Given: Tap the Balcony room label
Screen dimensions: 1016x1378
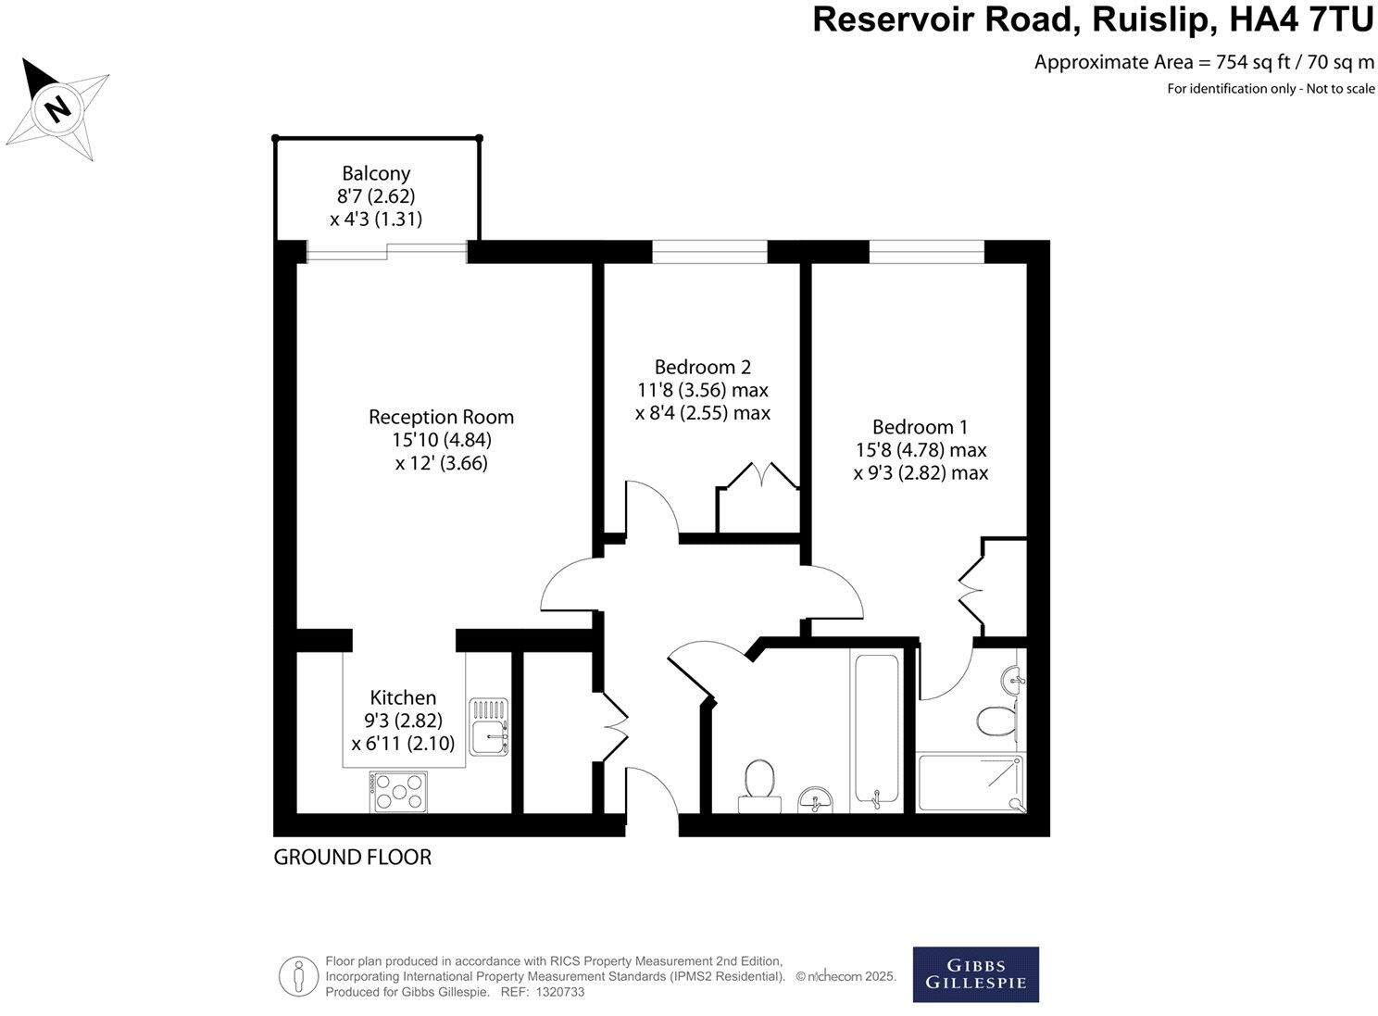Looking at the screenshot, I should coord(376,173).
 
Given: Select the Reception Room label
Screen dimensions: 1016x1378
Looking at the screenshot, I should coord(441,417).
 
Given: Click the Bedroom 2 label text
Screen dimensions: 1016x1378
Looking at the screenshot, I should coord(701,367).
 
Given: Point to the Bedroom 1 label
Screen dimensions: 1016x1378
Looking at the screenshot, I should coord(920,427).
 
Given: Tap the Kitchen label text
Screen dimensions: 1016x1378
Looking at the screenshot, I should coord(403,697).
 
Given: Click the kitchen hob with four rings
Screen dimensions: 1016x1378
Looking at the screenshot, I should coord(398,793).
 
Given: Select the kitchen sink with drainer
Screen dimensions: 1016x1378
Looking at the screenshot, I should coord(488,727).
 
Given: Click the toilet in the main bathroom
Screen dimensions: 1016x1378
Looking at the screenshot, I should coord(758,783).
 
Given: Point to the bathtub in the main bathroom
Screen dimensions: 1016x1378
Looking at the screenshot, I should coord(876,732).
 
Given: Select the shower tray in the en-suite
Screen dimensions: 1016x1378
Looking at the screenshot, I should coord(971,783).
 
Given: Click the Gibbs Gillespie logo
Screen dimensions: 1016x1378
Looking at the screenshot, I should coord(975,973).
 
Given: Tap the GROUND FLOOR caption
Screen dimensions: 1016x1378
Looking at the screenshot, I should coord(352,858).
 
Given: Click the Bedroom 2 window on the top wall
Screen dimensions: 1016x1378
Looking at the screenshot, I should coord(710,251).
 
